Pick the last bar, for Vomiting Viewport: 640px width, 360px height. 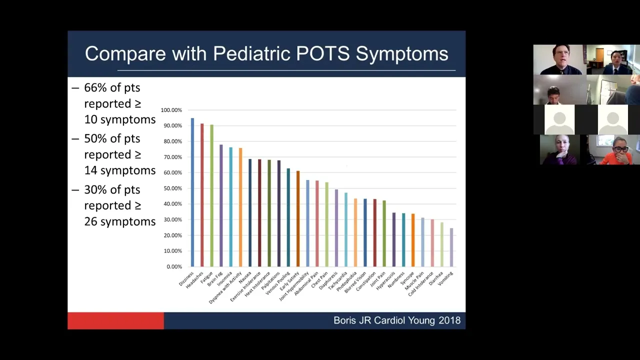click(x=451, y=247)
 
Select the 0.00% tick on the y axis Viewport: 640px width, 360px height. click(x=174, y=266)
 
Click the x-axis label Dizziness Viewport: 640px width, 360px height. click(x=186, y=279)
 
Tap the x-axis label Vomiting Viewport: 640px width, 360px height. click(x=445, y=278)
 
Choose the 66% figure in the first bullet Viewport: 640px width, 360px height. click(x=95, y=88)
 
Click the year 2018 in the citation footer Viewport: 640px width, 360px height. click(x=449, y=320)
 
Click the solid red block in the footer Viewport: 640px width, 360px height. click(x=115, y=321)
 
